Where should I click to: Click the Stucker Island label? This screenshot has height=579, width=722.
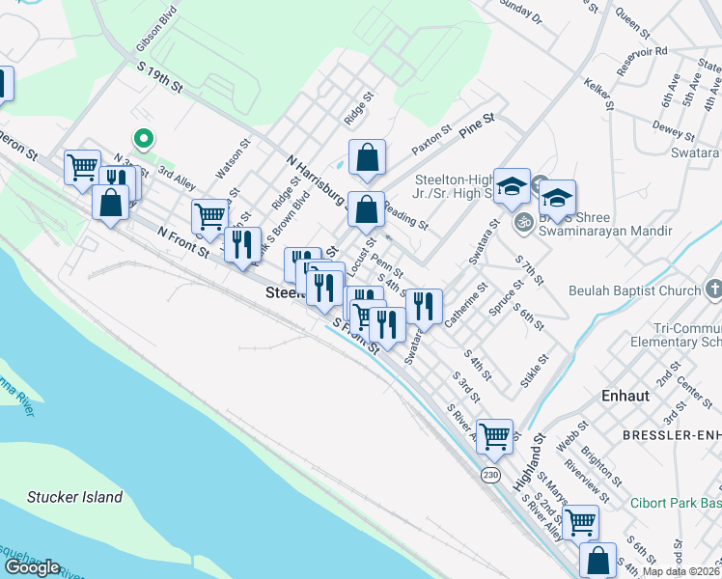click(x=75, y=497)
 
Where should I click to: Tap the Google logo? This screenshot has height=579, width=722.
click(x=32, y=567)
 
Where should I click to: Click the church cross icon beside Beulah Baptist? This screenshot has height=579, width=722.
click(x=712, y=289)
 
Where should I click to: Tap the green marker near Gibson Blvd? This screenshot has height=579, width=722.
click(x=144, y=139)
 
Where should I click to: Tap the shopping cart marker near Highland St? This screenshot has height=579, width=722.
click(x=494, y=435)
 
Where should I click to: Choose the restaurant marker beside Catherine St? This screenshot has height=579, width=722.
click(x=424, y=306)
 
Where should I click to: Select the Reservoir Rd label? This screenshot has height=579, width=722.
click(x=647, y=51)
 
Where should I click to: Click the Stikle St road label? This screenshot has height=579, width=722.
click(x=534, y=371)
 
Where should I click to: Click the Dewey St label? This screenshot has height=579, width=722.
click(x=668, y=129)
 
